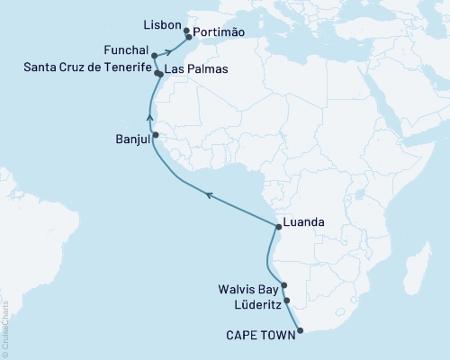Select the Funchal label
(x=128, y=54)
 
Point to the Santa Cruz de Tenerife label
(x=77, y=69)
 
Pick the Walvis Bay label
(x=248, y=290)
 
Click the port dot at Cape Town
(x=300, y=330)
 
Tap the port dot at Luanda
(x=278, y=226)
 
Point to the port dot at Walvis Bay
(x=283, y=285)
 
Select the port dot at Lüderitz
(x=287, y=301)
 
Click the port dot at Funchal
(x=155, y=54)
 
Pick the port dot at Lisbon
(x=186, y=31)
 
